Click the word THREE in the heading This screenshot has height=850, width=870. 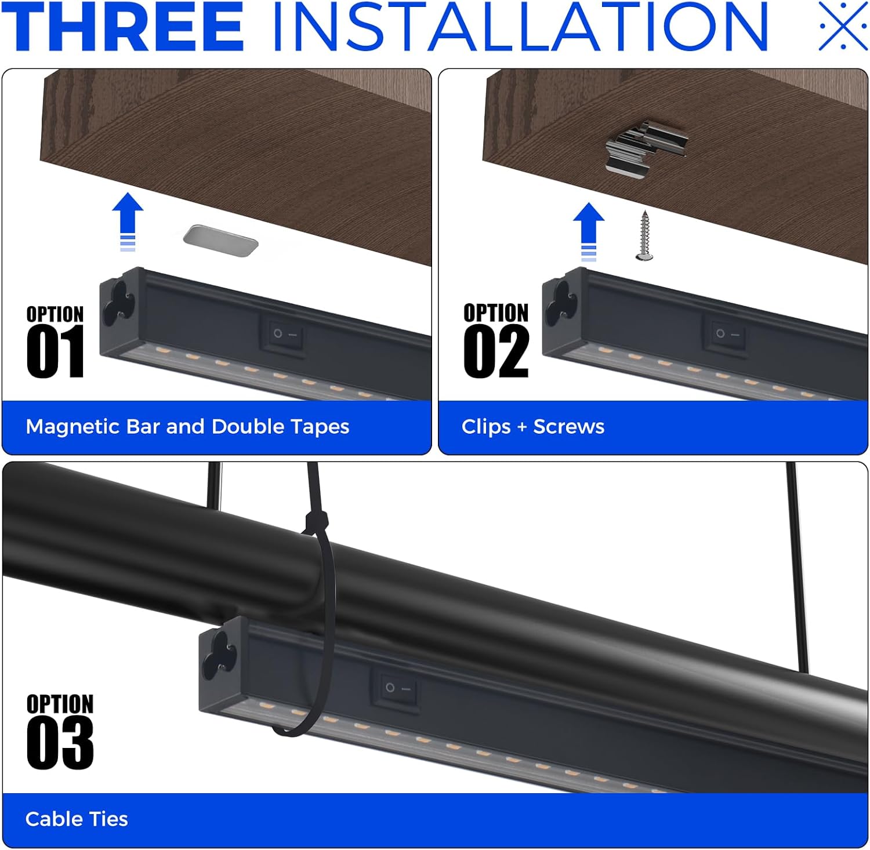coord(123,27)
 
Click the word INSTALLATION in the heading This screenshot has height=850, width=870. coord(520,27)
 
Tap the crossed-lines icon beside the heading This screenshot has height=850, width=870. coord(842,26)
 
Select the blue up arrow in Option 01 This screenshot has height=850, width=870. coord(128,221)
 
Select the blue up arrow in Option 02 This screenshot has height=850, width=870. coord(589,231)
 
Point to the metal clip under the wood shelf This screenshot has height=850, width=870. coord(646,146)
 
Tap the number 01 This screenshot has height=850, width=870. coord(55,351)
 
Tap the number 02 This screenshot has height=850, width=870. coord(496,351)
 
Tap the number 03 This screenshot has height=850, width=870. coord(60,743)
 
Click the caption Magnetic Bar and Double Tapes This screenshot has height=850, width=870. coord(187,427)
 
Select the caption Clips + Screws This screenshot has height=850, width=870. coord(532,427)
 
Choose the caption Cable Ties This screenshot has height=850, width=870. coord(77,819)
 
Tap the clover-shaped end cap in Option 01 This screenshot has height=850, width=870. coord(119,302)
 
